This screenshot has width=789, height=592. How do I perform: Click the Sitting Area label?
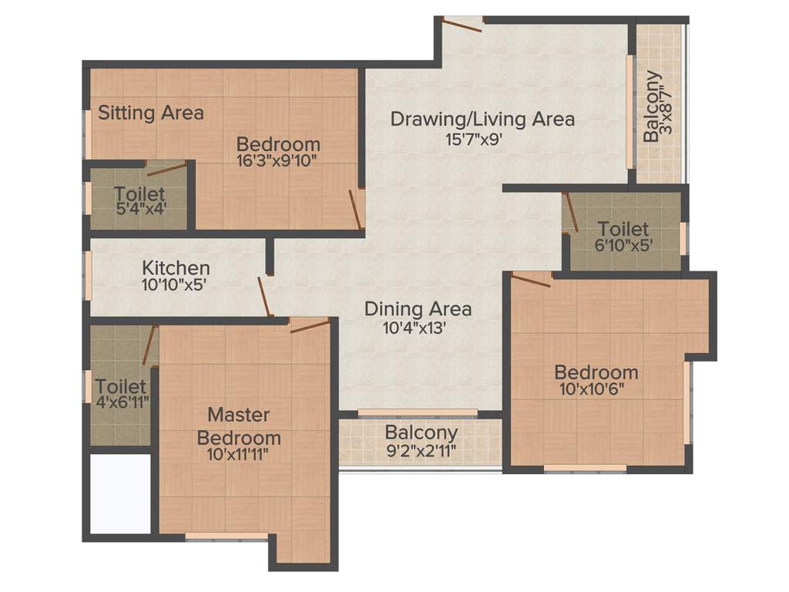click(151, 113)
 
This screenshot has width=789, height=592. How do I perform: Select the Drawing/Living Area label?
click(482, 119)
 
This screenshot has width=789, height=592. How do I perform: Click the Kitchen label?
click(176, 268)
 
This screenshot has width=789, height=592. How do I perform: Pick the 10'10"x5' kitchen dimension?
click(174, 284)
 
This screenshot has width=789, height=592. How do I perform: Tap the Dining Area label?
click(418, 309)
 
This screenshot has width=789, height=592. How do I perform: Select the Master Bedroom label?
click(239, 426)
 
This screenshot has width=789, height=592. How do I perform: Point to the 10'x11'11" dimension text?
click(239, 454)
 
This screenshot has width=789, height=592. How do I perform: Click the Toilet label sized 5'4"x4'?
click(139, 193)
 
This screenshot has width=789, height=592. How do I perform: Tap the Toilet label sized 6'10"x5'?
click(623, 229)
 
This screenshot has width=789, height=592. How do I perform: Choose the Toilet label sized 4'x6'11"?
click(120, 385)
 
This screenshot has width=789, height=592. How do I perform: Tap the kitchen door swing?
click(264, 297)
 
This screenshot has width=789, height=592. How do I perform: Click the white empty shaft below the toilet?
click(120, 493)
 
